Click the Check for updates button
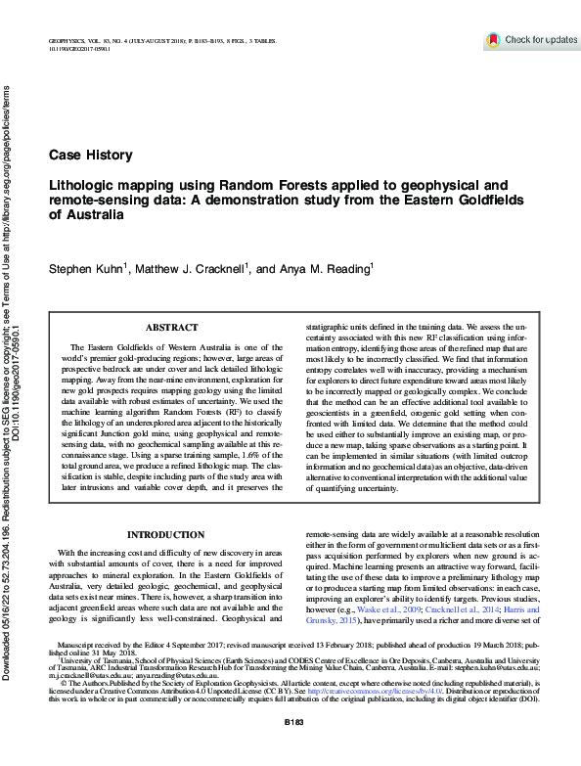click(532, 40)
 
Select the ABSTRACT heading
click(171, 328)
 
